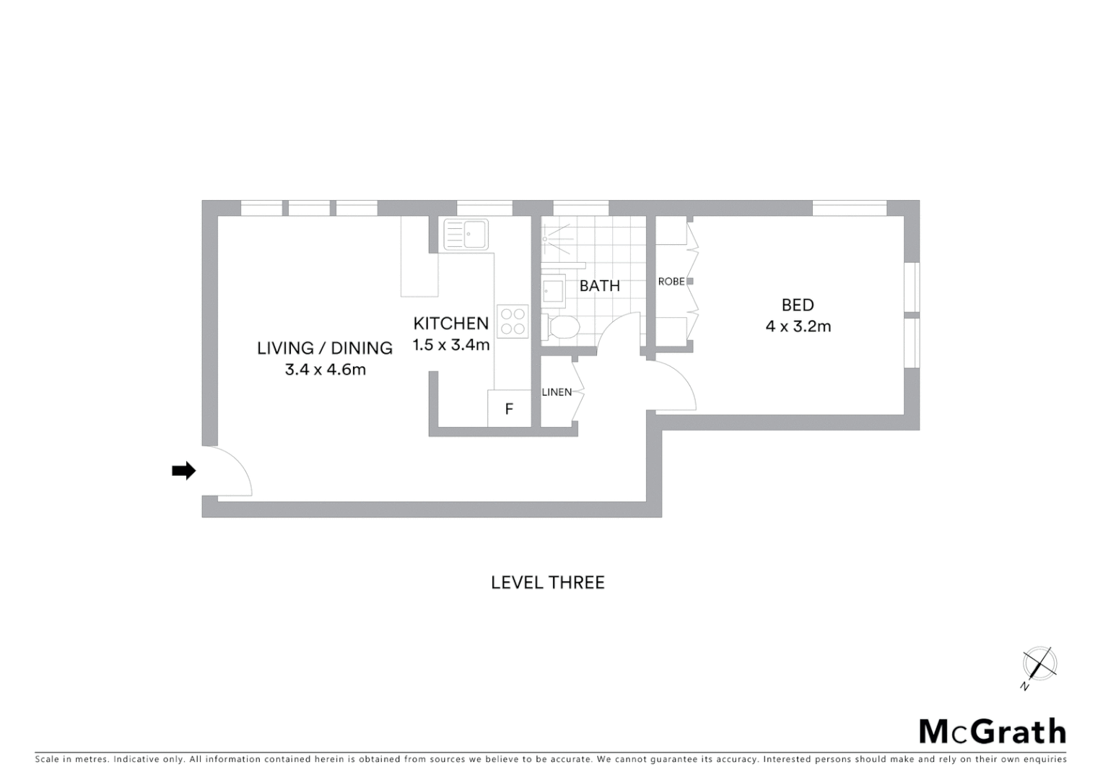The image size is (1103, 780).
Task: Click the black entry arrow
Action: pos(183,471)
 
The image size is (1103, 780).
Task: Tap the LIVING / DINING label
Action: pos(325,348)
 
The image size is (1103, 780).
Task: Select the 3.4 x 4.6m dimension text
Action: pos(325,370)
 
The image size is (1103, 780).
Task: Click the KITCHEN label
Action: pos(450,324)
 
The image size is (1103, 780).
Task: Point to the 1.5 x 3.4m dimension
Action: pos(451,345)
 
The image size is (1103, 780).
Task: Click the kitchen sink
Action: pos(466,234)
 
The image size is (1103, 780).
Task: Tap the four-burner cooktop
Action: pos(513,321)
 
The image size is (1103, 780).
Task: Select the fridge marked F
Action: pos(509,409)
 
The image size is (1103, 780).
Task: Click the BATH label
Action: pos(599,286)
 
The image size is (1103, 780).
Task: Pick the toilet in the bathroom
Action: pos(562,328)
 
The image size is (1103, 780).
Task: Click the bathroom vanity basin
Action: pos(554,290)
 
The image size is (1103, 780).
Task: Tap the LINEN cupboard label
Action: pos(557,392)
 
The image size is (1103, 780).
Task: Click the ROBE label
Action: pos(671,281)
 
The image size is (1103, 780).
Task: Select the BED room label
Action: pos(798,305)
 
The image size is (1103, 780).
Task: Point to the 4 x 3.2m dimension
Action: pos(798,326)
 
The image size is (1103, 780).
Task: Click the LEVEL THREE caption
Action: pos(548,583)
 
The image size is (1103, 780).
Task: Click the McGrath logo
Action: pos(993,732)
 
